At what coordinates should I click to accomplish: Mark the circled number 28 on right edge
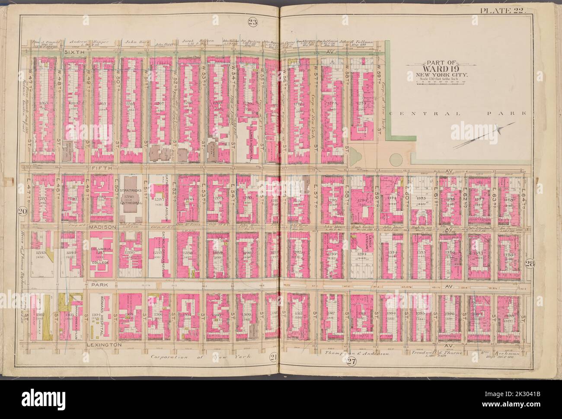[530, 264]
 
